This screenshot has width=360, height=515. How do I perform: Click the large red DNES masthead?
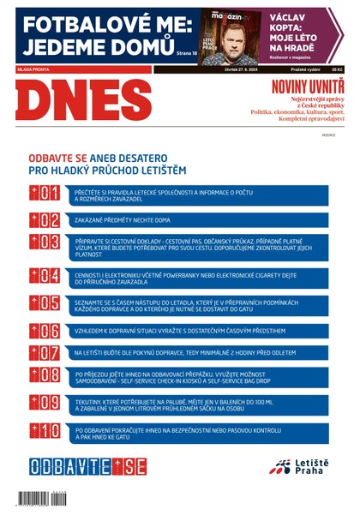(82, 101)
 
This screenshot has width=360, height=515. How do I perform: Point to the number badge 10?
(44, 430)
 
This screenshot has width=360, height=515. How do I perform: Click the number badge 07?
(44, 352)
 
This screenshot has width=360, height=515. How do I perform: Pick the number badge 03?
(44, 241)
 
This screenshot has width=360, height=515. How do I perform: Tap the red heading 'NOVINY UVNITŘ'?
(307, 86)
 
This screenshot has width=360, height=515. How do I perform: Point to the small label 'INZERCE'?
(328, 135)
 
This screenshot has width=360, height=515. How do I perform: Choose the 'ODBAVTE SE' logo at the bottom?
(87, 467)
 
